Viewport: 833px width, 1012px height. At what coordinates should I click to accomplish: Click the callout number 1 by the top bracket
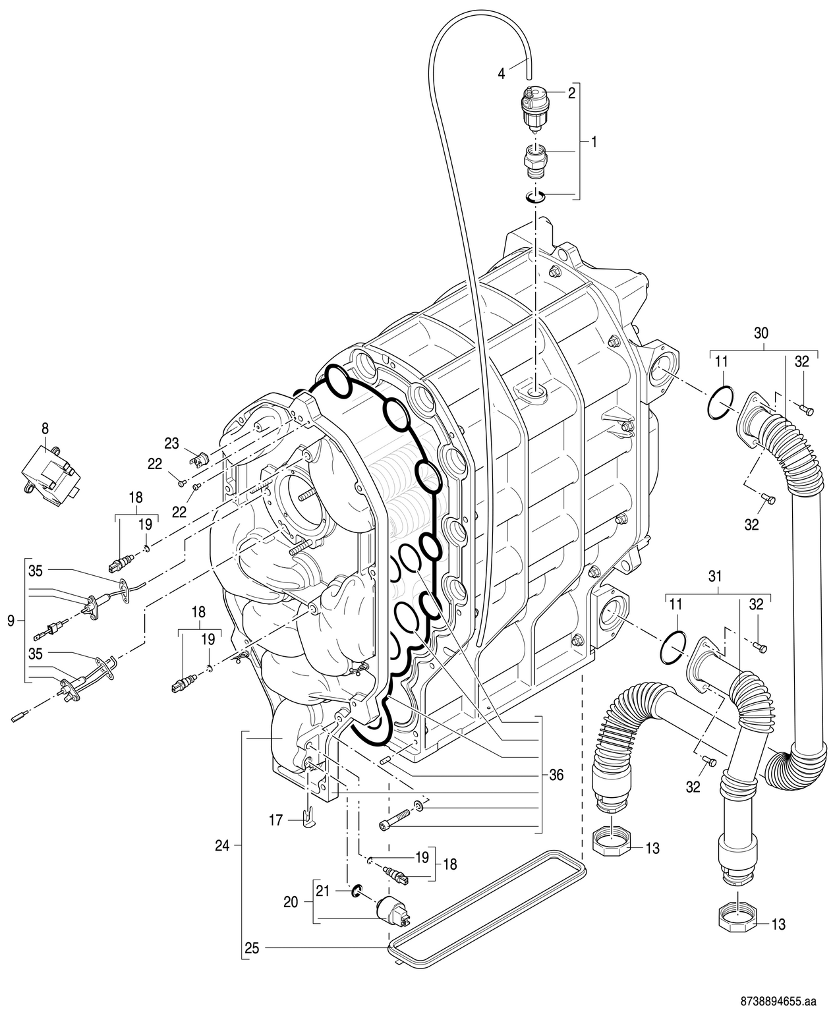click(594, 142)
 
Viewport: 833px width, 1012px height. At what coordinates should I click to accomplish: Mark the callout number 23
click(171, 443)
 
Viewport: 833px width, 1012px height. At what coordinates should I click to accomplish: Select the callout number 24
click(222, 846)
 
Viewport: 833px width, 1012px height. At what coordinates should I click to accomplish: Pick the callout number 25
click(252, 949)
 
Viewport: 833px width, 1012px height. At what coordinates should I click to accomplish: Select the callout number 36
click(556, 775)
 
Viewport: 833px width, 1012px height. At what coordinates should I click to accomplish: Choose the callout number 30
click(761, 333)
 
